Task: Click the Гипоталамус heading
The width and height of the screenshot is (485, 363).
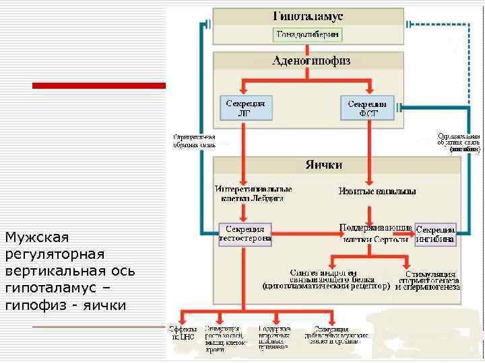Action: (308, 16)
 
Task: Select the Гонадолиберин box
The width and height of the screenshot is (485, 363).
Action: (308, 34)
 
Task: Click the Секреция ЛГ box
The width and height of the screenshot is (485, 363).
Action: (245, 108)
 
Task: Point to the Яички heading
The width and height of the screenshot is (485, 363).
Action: (323, 165)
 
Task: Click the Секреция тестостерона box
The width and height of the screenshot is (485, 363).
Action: (245, 233)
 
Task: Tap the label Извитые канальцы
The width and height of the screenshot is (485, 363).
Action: (377, 192)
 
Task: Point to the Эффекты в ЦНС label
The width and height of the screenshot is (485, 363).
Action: (183, 333)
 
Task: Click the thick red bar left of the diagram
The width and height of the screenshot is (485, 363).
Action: (98, 85)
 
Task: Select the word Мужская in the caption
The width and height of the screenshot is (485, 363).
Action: (37, 238)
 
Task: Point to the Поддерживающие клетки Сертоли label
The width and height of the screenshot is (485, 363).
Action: (375, 233)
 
